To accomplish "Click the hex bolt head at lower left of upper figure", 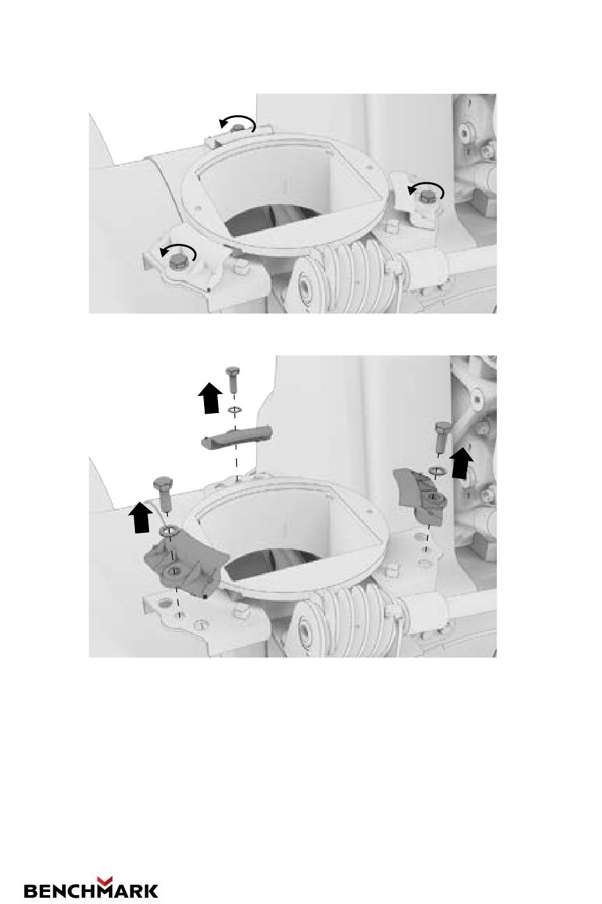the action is pyautogui.click(x=177, y=263).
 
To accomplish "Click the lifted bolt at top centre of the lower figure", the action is pyautogui.click(x=232, y=379).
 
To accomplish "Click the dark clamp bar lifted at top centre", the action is pyautogui.click(x=237, y=437).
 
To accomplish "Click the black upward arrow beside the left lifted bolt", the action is pyautogui.click(x=141, y=517).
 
